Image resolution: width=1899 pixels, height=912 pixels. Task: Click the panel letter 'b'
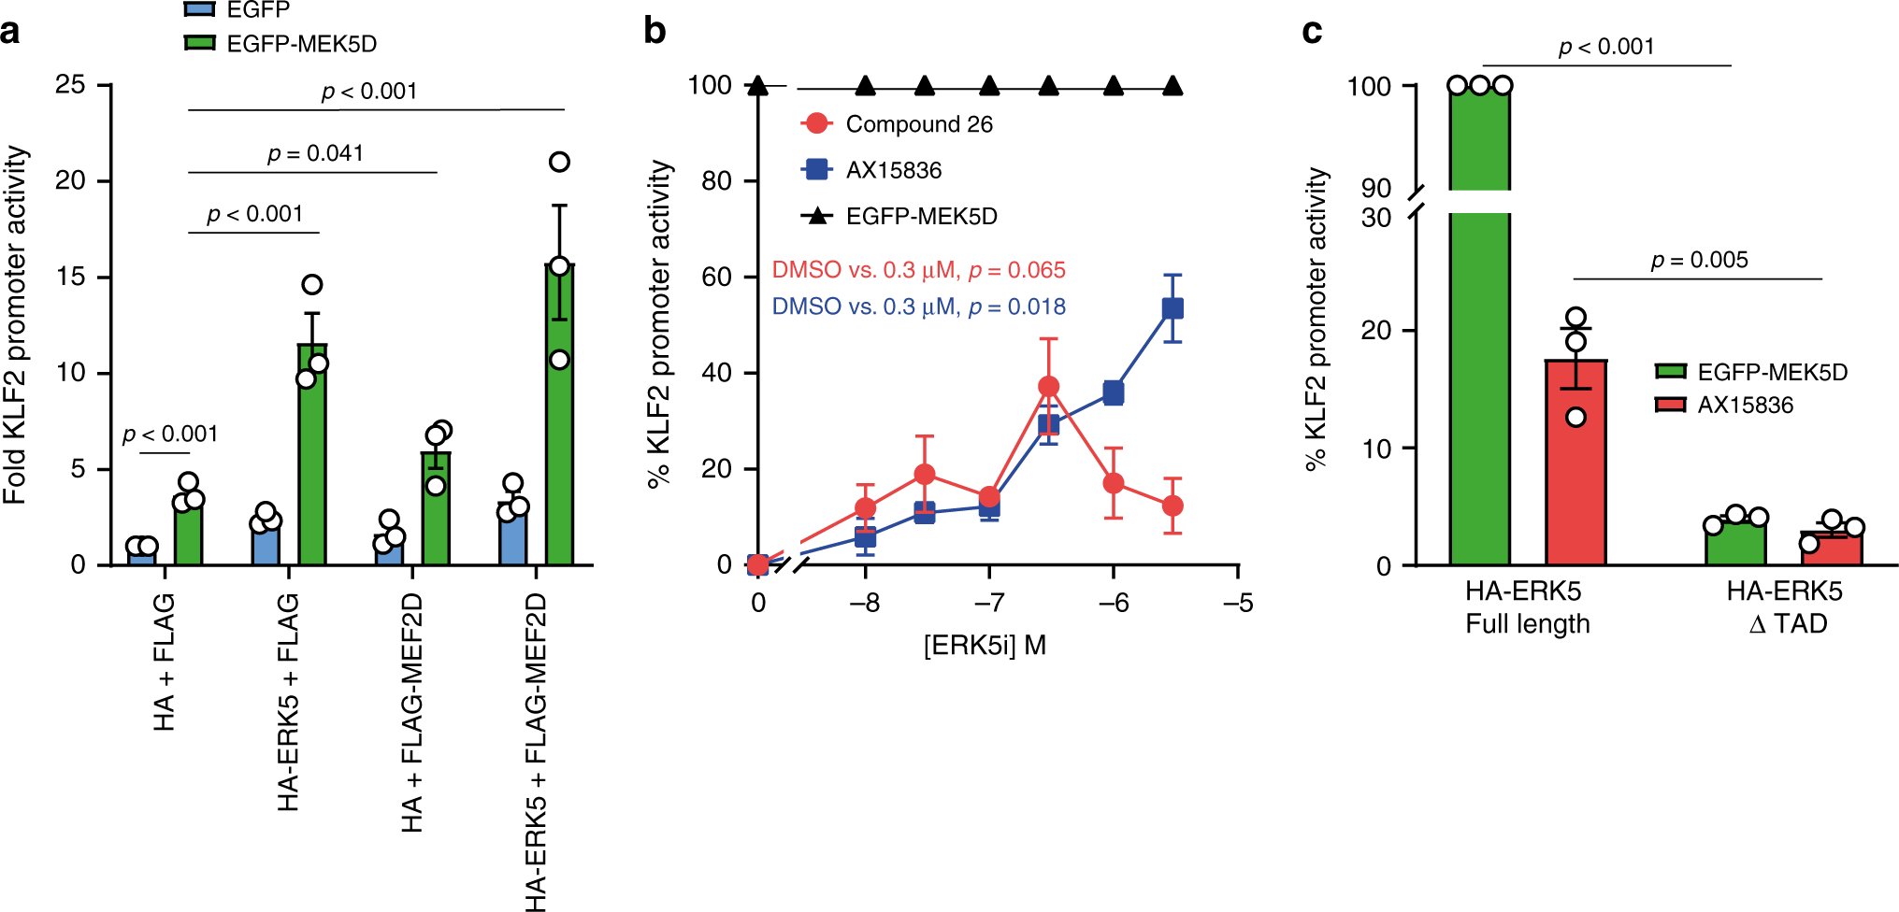point(655,31)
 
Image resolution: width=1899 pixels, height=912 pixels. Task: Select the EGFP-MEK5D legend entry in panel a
point(281,44)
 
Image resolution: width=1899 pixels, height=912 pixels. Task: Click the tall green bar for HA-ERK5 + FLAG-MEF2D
point(559,420)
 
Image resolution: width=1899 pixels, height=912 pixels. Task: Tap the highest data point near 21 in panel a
point(559,163)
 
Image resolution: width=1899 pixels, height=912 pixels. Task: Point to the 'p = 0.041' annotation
point(315,153)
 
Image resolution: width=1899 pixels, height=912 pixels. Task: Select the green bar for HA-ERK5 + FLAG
point(312,458)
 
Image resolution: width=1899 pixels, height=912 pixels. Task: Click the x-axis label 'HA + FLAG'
point(164,662)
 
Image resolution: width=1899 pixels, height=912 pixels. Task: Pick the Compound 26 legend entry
point(898,124)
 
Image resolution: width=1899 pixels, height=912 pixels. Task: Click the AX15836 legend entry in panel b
point(871,170)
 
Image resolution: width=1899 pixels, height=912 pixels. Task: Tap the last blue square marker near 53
point(1172,308)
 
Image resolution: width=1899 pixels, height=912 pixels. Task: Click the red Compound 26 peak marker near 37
point(1049,386)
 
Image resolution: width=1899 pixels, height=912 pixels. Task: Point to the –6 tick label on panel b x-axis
point(1113,603)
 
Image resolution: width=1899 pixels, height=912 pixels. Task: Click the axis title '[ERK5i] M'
point(985,646)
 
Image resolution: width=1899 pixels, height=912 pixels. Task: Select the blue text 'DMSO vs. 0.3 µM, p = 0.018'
point(918,306)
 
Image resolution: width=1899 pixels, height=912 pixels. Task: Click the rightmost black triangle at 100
point(1172,87)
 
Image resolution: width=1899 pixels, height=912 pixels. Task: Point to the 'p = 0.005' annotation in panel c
point(1699,260)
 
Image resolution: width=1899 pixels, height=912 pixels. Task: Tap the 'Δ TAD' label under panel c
point(1787,623)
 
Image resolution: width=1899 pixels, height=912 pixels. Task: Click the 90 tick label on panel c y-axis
point(1375,188)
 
